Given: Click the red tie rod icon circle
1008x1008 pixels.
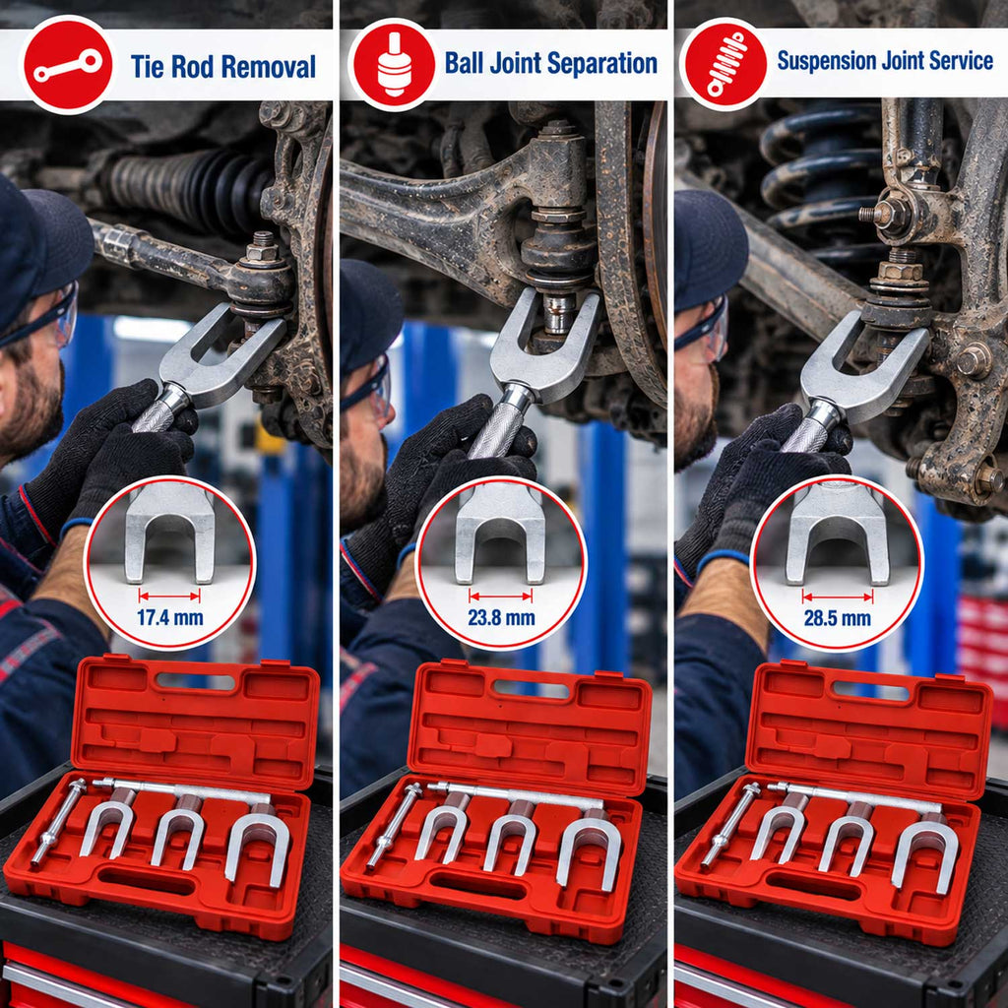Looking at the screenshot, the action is (x=68, y=65).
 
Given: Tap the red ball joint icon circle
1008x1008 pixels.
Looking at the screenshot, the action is (x=394, y=64).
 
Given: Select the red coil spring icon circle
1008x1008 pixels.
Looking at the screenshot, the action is (x=725, y=64).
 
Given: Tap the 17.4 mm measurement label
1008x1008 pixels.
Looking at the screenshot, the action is (x=169, y=618).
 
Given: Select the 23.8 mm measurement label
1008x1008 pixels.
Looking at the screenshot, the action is (x=501, y=618).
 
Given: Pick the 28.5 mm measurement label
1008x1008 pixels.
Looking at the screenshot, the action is (x=837, y=618).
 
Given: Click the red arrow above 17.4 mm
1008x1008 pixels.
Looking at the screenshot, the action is (x=169, y=596).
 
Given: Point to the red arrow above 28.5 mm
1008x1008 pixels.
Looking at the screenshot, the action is (x=838, y=597).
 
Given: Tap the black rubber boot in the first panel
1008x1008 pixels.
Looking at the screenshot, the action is (x=193, y=184).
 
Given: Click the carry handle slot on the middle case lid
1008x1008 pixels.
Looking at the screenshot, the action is (x=531, y=688).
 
